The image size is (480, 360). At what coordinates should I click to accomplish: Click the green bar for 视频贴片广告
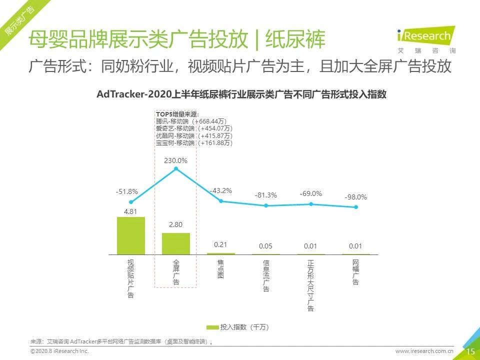click(131, 235)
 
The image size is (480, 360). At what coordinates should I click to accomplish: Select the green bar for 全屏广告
click(176, 243)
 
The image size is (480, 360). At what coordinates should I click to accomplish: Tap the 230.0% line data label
click(176, 160)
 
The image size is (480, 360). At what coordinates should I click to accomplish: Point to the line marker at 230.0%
click(176, 169)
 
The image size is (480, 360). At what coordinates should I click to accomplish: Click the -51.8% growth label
click(126, 191)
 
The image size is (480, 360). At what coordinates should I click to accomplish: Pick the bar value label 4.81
click(130, 211)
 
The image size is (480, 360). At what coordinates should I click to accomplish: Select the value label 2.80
click(175, 225)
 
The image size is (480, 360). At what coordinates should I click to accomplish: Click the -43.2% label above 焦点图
click(220, 190)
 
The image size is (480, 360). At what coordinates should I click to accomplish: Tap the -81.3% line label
click(266, 195)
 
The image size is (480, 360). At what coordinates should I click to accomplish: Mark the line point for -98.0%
click(356, 206)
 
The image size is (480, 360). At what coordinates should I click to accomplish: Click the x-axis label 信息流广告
click(266, 275)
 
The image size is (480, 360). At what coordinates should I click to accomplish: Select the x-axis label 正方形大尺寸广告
click(311, 285)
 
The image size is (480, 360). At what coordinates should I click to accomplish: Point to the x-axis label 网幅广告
click(355, 272)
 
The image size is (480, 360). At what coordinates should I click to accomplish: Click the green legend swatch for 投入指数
click(212, 327)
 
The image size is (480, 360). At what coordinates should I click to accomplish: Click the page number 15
click(470, 351)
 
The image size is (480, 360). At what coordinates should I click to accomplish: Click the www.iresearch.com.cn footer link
click(424, 351)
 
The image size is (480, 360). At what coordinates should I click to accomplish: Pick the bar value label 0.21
click(220, 244)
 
